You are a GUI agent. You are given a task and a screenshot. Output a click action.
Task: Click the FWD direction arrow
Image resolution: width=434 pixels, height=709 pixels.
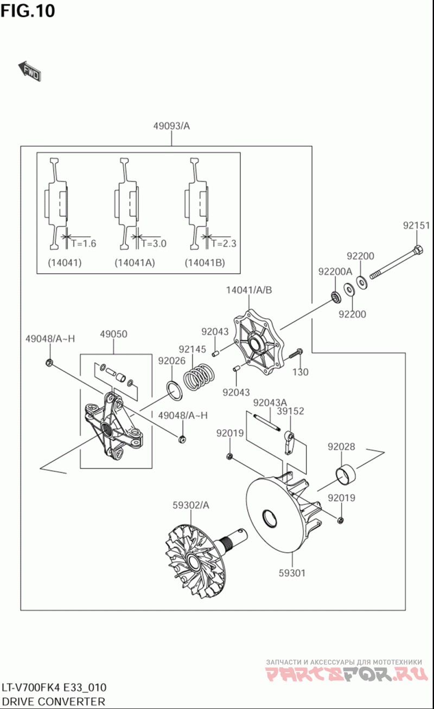click(30, 72)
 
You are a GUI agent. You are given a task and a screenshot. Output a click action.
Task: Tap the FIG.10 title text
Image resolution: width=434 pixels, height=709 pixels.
click(28, 11)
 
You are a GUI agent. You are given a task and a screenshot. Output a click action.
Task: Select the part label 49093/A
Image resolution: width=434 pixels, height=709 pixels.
click(171, 126)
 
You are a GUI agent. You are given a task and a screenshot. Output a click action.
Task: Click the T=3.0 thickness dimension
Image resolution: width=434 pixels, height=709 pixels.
click(154, 243)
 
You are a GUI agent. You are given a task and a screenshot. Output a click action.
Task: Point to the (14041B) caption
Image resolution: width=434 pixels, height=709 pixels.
click(205, 262)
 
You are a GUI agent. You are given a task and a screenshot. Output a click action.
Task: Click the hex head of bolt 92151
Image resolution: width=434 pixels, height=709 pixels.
click(418, 249)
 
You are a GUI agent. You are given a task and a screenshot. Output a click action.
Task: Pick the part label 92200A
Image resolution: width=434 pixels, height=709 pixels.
click(335, 271)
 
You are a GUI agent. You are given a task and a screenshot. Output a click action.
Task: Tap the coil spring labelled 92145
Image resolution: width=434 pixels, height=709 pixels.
click(199, 377)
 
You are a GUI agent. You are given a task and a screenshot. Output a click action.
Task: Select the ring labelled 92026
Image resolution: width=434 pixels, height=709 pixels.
click(174, 391)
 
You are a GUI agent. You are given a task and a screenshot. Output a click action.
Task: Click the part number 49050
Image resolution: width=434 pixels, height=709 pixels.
click(114, 334)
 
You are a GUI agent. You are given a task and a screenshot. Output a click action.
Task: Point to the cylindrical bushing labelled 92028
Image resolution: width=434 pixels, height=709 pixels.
click(346, 474)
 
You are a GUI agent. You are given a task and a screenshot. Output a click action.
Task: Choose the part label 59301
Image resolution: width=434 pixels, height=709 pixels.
click(292, 573)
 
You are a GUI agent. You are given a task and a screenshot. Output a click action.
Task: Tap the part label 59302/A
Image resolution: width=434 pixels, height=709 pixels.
click(191, 505)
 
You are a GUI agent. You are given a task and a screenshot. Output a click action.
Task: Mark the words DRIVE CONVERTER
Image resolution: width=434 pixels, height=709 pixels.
click(53, 701)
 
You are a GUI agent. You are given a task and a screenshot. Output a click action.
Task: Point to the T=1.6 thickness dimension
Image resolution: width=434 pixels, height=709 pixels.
click(84, 243)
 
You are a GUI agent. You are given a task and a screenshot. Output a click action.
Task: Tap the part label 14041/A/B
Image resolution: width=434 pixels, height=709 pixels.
click(249, 290)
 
